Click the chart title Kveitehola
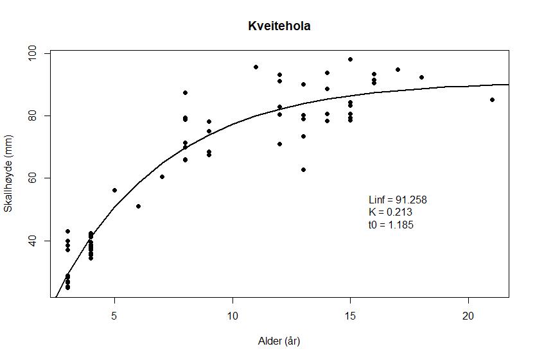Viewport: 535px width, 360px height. click(279, 26)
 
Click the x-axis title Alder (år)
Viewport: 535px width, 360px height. click(279, 341)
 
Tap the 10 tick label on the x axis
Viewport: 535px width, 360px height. click(232, 316)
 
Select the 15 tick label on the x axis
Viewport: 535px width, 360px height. click(350, 316)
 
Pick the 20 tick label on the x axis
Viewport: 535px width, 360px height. click(468, 316)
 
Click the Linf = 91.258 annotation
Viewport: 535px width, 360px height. click(398, 200)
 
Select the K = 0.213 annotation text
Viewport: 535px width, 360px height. click(390, 212)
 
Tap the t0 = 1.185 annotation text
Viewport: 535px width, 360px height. click(391, 225)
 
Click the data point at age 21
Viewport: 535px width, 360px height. click(492, 99)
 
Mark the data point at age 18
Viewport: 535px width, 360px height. click(421, 77)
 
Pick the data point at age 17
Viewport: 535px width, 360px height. click(398, 69)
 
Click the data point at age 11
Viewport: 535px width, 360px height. click(256, 67)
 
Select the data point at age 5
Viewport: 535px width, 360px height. click(114, 190)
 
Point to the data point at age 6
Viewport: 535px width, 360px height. click(138, 206)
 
